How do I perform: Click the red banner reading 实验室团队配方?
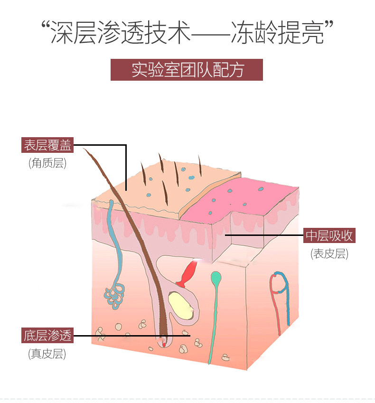(187, 70)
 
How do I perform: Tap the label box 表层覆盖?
(48, 145)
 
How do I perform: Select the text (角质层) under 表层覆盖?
(47, 163)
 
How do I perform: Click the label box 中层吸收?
(329, 235)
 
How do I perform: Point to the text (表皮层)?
(329, 254)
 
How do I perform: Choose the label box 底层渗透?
(47, 335)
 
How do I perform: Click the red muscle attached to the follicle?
(187, 275)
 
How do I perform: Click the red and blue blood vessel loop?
(280, 285)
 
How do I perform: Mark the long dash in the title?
(210, 33)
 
